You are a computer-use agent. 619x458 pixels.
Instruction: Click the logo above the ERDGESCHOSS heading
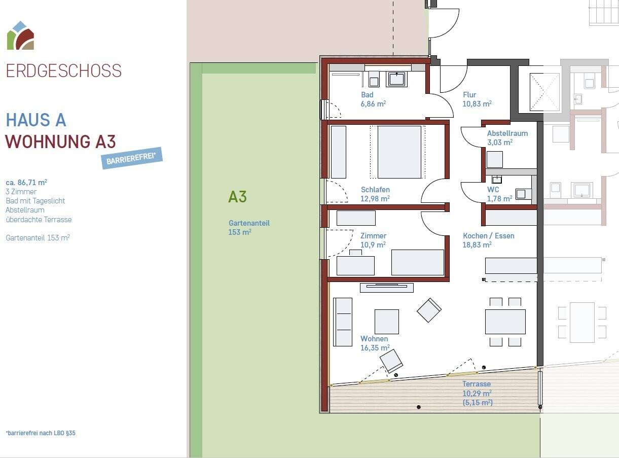click(20, 36)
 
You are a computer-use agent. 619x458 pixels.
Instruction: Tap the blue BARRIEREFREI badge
click(132, 158)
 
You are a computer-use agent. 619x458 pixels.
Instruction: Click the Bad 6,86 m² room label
click(373, 99)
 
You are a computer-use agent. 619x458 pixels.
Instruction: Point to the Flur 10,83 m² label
click(477, 99)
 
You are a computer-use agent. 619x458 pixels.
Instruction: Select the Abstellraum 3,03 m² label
click(507, 137)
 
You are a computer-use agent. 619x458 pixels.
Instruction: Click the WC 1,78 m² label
click(499, 194)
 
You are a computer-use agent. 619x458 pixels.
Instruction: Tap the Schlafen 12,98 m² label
click(375, 194)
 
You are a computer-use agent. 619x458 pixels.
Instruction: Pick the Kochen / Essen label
click(488, 236)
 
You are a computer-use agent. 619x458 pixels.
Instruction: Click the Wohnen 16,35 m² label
click(375, 343)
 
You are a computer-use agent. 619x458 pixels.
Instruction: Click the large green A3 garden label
click(237, 197)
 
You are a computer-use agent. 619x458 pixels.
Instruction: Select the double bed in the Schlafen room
click(399, 152)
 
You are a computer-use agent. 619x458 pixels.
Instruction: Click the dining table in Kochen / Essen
click(505, 322)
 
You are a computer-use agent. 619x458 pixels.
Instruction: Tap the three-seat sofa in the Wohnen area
click(343, 322)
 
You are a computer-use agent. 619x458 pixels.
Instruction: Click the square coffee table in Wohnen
click(386, 322)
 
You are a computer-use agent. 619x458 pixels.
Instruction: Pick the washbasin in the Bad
click(396, 79)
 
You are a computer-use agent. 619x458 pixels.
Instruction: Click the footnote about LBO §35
click(41, 433)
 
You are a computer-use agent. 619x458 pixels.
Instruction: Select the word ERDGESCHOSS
click(64, 71)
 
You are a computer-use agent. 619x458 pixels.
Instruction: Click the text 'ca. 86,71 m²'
click(26, 183)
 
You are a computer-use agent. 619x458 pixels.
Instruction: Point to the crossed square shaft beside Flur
click(544, 92)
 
